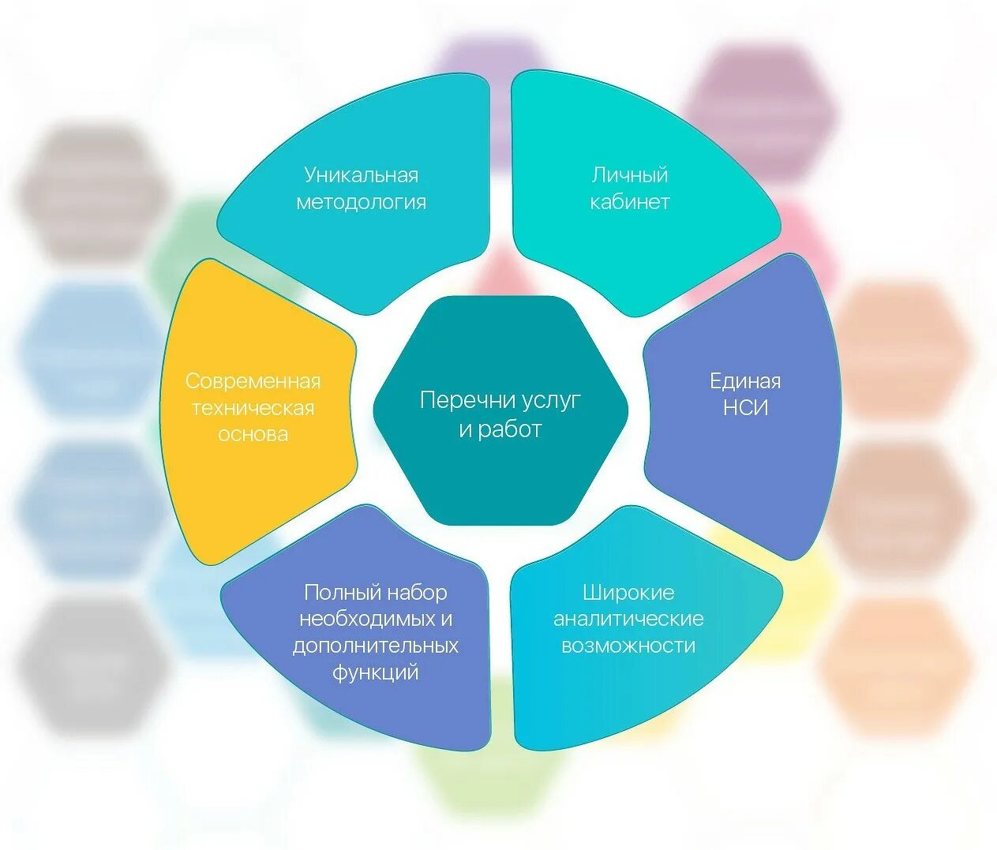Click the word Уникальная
(361, 174)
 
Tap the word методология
(361, 202)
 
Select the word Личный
(630, 174)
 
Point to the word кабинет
(630, 202)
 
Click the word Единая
(745, 381)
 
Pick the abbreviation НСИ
(745, 408)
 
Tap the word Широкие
(628, 592)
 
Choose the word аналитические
(628, 618)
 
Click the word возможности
(628, 645)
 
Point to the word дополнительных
(376, 645)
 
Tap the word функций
(376, 672)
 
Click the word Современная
(253, 381)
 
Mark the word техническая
(253, 408)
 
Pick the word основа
(253, 434)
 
